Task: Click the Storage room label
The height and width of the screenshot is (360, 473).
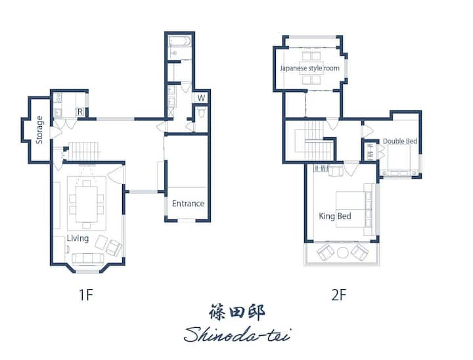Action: [39, 130]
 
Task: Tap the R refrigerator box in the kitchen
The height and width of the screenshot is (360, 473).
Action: [79, 112]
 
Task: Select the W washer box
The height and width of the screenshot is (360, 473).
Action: [201, 97]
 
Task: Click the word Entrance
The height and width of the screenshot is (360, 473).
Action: [189, 204]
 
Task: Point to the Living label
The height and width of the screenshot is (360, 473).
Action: [78, 238]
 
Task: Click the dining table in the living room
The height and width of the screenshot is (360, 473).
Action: [87, 204]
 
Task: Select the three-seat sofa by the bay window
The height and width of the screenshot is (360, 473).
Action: [88, 259]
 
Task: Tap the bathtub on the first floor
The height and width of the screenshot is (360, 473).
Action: [180, 41]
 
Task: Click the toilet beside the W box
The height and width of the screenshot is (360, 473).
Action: [202, 112]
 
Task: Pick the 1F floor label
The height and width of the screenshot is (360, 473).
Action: [85, 294]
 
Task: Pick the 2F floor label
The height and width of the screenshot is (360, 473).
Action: [339, 294]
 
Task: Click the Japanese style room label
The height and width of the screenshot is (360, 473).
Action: [309, 68]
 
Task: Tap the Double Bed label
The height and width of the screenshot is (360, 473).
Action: [400, 141]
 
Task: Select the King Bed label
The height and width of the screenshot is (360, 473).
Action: [335, 216]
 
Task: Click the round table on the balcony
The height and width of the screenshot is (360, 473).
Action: [343, 252]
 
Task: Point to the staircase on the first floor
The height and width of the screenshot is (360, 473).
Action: [84, 151]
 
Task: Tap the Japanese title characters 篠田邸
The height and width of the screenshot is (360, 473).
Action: [237, 312]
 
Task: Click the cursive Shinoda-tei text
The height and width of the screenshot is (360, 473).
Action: [237, 334]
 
